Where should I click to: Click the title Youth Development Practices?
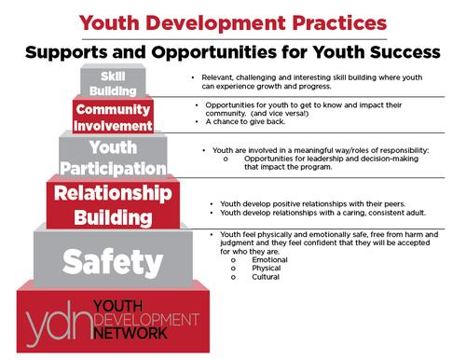tap(233, 20)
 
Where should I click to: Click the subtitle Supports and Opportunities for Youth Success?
tap(233, 48)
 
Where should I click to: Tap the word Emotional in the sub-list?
tap(269, 259)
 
